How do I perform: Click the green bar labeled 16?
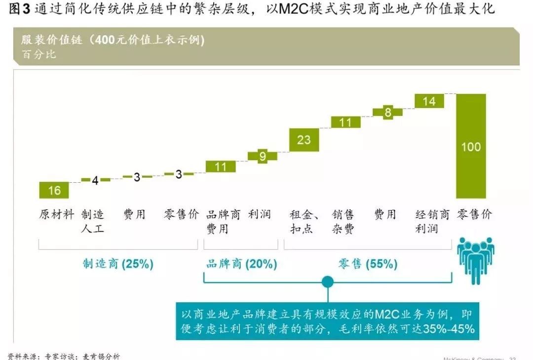tap(54, 190)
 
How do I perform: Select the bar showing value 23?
tap(304, 140)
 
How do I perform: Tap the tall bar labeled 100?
tap(471, 146)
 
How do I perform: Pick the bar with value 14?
tap(429, 101)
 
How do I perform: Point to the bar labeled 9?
tap(263, 157)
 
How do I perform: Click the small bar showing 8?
tap(388, 113)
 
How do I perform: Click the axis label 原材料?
tap(56, 214)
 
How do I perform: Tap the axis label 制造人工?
tap(93, 222)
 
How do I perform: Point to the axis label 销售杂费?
tap(343, 222)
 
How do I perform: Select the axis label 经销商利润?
tap(432, 222)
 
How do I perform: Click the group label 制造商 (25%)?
tap(118, 264)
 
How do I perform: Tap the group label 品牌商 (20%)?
tap(241, 264)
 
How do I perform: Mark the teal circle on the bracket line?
tap(328, 282)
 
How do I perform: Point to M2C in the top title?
tap(294, 9)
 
